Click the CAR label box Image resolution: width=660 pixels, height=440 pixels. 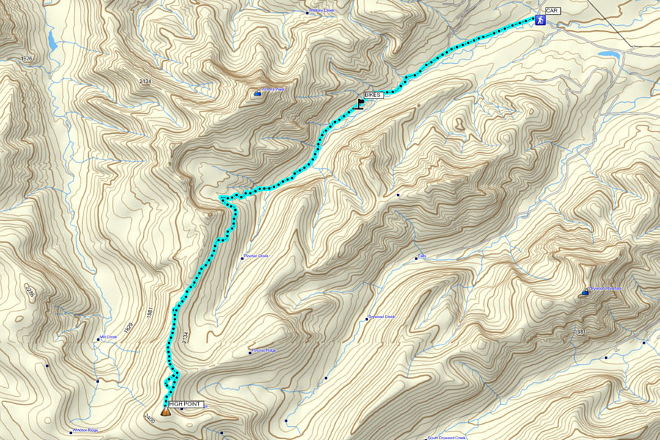(552, 11)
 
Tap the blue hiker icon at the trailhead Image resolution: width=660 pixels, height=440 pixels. (540, 21)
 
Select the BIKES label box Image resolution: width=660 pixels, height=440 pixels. (373, 95)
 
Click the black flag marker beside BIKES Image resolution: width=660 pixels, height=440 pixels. (360, 104)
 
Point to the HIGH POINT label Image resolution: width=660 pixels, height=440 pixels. (183, 404)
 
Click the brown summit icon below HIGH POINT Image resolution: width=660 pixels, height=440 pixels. (166, 411)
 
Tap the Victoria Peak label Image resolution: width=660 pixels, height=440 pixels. (273, 90)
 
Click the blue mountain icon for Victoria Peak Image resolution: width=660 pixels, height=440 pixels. (257, 93)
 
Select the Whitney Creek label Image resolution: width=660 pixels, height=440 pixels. (321, 11)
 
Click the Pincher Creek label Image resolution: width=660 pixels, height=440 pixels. (256, 256)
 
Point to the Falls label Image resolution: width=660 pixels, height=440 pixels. (422, 256)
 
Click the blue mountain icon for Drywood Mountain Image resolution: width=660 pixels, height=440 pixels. (584, 292)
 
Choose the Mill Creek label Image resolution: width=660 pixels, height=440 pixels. (108, 338)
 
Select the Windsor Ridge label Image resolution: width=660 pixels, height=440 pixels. (85, 430)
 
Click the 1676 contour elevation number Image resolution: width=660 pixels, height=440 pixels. (28, 58)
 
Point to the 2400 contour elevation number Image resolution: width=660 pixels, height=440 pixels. (150, 417)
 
